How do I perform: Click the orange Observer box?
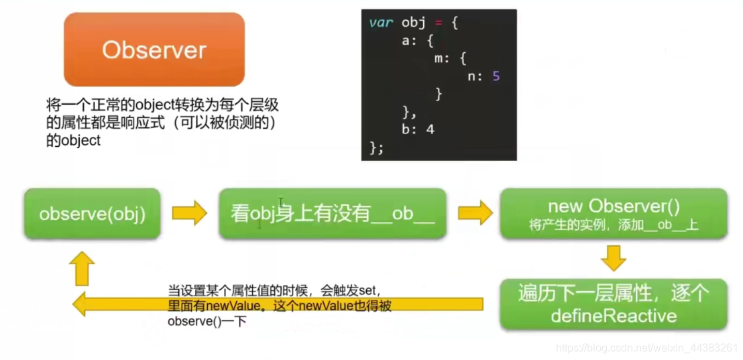click(154, 50)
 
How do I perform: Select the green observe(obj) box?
click(92, 214)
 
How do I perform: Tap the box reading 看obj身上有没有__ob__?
click(333, 214)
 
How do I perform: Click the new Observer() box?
click(613, 213)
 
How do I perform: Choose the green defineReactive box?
click(613, 304)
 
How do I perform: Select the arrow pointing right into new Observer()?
click(474, 213)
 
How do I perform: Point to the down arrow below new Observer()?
click(613, 257)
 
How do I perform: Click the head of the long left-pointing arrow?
click(82, 305)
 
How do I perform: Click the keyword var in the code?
click(381, 23)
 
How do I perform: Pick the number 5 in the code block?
click(496, 76)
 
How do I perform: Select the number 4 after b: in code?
click(431, 129)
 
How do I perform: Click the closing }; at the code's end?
click(376, 147)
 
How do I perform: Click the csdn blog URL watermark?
click(647, 349)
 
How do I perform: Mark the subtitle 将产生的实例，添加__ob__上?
click(613, 226)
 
